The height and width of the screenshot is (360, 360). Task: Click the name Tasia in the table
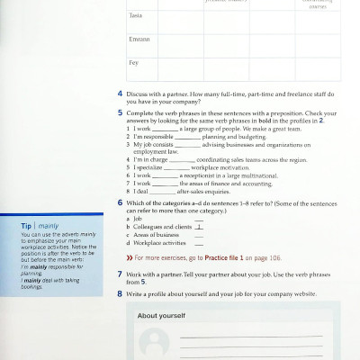133,16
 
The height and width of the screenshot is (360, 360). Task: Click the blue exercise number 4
120,94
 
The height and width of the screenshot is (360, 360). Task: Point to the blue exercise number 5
120,112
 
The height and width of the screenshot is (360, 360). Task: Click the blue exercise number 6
120,203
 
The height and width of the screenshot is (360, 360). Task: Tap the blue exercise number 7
120,273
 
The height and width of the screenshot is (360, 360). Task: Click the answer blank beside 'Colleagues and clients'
198,228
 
